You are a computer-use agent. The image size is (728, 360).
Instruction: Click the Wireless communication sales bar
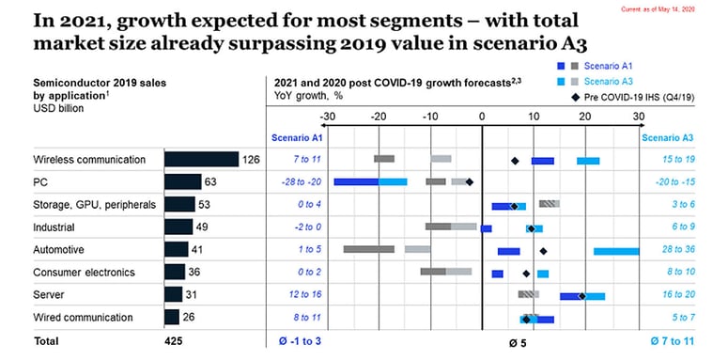(201, 160)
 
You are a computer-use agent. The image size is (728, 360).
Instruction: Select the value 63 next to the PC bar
(211, 182)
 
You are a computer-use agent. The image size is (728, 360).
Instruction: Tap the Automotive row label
(58, 250)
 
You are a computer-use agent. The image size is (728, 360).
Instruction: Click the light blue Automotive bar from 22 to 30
(616, 251)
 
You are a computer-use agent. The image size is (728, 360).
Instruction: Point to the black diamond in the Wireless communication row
(515, 161)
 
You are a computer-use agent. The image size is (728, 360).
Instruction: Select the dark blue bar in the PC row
(356, 182)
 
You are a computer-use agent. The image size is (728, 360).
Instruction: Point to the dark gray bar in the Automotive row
(368, 250)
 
